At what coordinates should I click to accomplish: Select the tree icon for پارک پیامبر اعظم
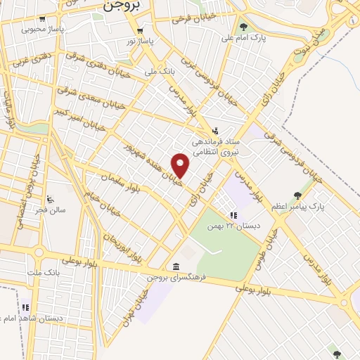pos(298,195)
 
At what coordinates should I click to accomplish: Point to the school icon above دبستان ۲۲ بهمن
pos(233,215)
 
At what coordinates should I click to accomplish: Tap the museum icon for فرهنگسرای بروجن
pos(175,266)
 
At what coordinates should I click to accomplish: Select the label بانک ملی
pos(159,72)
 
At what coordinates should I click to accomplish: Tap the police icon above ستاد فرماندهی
pos(215,130)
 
